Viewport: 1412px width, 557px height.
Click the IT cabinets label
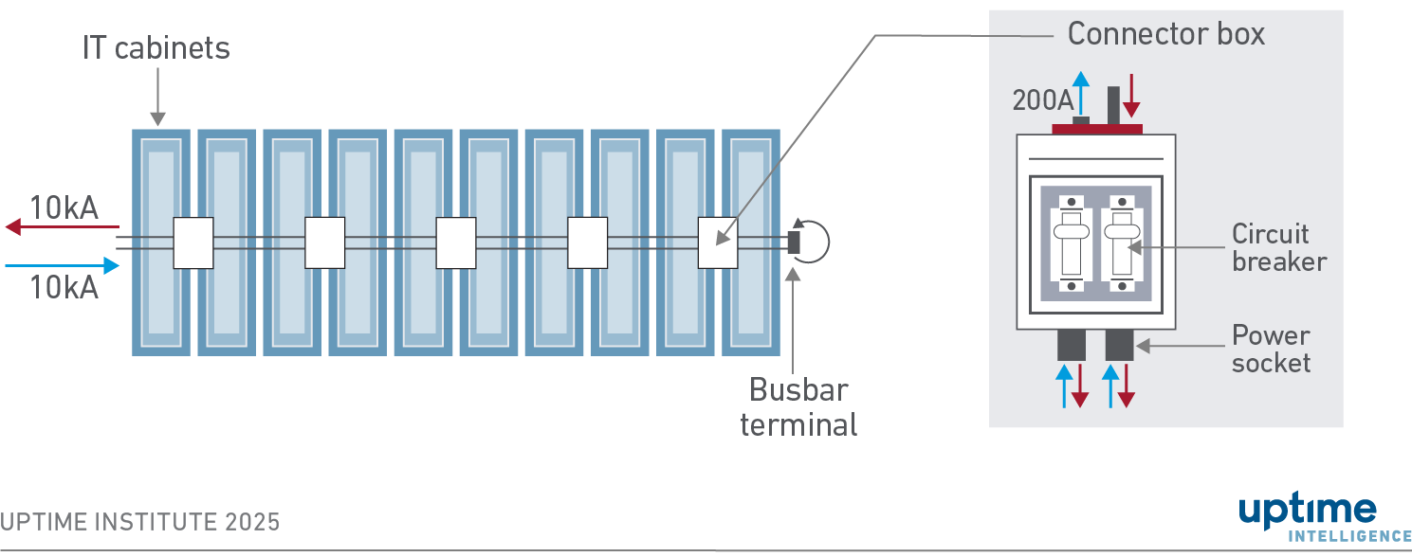coord(156,48)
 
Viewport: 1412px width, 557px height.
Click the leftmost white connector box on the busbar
coord(193,243)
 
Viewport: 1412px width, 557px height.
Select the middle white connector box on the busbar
coord(455,243)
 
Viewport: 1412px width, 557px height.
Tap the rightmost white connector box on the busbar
coord(718,243)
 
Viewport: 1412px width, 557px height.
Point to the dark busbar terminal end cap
coord(794,243)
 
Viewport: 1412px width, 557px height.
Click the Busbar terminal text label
coord(798,406)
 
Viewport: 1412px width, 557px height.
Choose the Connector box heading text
coord(1165,34)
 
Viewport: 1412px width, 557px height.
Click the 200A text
coord(1041,100)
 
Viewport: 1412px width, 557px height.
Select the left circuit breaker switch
coord(1072,243)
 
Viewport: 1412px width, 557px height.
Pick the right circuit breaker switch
coord(1120,243)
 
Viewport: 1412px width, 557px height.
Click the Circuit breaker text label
coord(1277,247)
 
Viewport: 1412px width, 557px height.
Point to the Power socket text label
coord(1271,349)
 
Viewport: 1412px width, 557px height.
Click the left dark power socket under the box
coord(1072,345)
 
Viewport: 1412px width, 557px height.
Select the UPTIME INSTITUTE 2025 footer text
coord(140,522)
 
